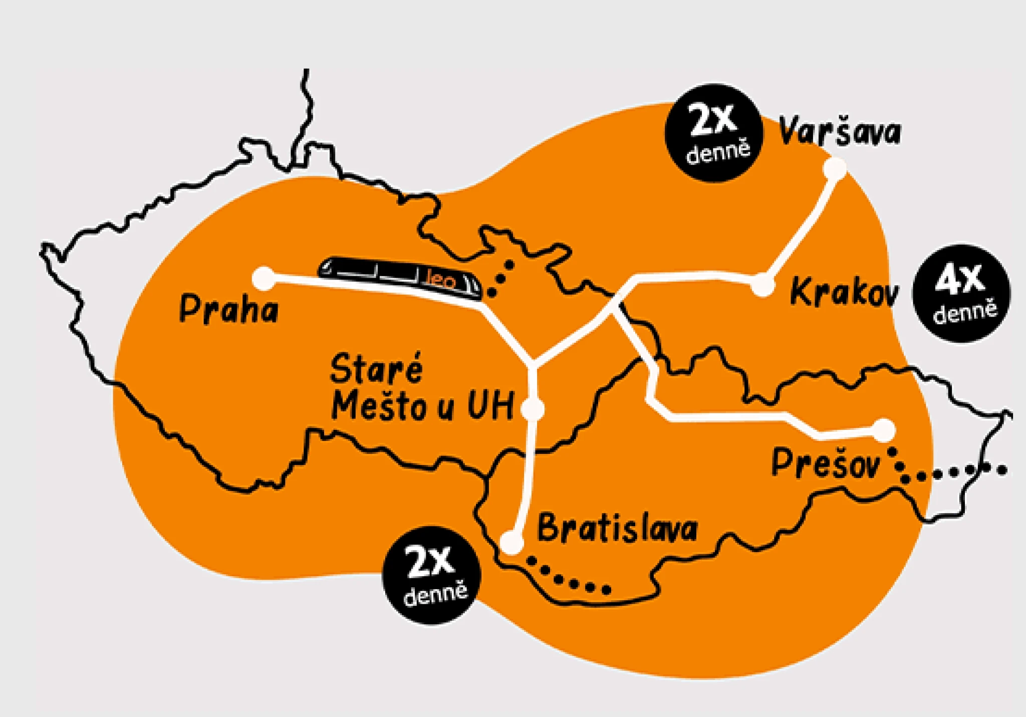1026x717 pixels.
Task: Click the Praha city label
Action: [x=228, y=309]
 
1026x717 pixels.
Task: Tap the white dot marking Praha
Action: [x=264, y=278]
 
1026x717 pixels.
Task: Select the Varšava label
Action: [x=839, y=132]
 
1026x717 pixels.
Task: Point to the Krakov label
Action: [x=844, y=292]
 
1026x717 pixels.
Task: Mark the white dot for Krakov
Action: [x=762, y=285]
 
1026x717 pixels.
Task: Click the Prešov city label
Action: [x=825, y=463]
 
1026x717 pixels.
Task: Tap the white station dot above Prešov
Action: [x=884, y=430]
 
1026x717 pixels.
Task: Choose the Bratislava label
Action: [x=617, y=529]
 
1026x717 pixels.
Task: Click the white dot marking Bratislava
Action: [x=511, y=542]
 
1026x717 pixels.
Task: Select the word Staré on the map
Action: [x=376, y=369]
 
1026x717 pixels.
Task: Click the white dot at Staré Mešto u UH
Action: [x=533, y=409]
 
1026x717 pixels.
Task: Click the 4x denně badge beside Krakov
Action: [x=961, y=294]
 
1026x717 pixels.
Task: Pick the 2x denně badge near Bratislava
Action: [x=431, y=575]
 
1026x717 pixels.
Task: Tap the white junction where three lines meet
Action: [x=533, y=363]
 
